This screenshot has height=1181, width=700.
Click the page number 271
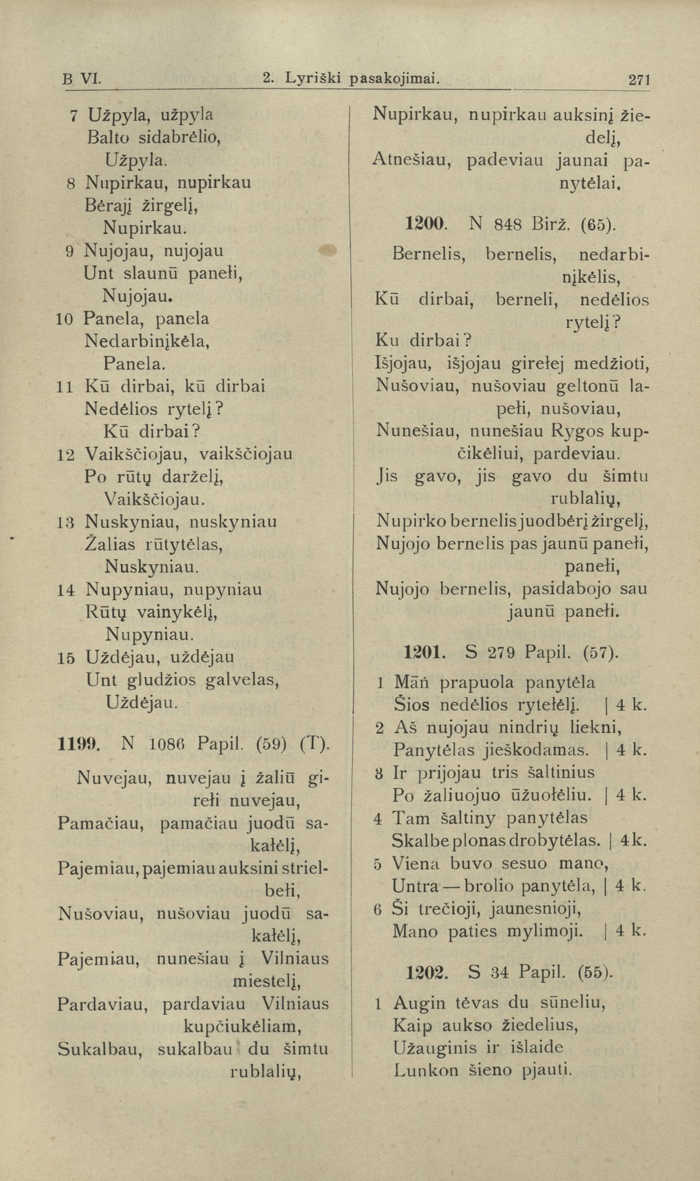(x=639, y=79)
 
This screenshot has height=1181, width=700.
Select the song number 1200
(x=425, y=224)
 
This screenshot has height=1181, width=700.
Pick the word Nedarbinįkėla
(x=148, y=341)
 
